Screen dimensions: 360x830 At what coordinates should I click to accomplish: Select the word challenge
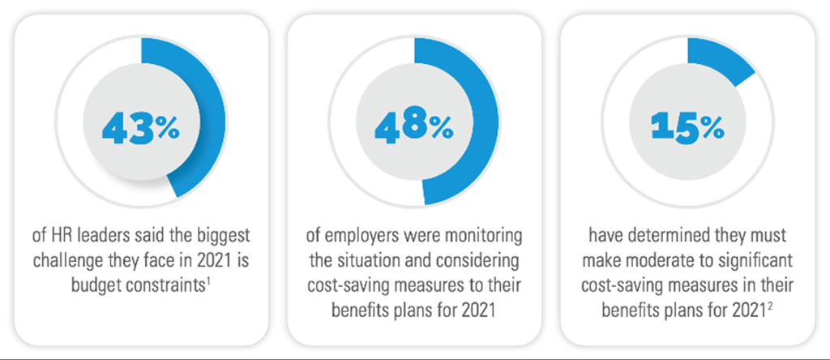click(87, 261)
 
